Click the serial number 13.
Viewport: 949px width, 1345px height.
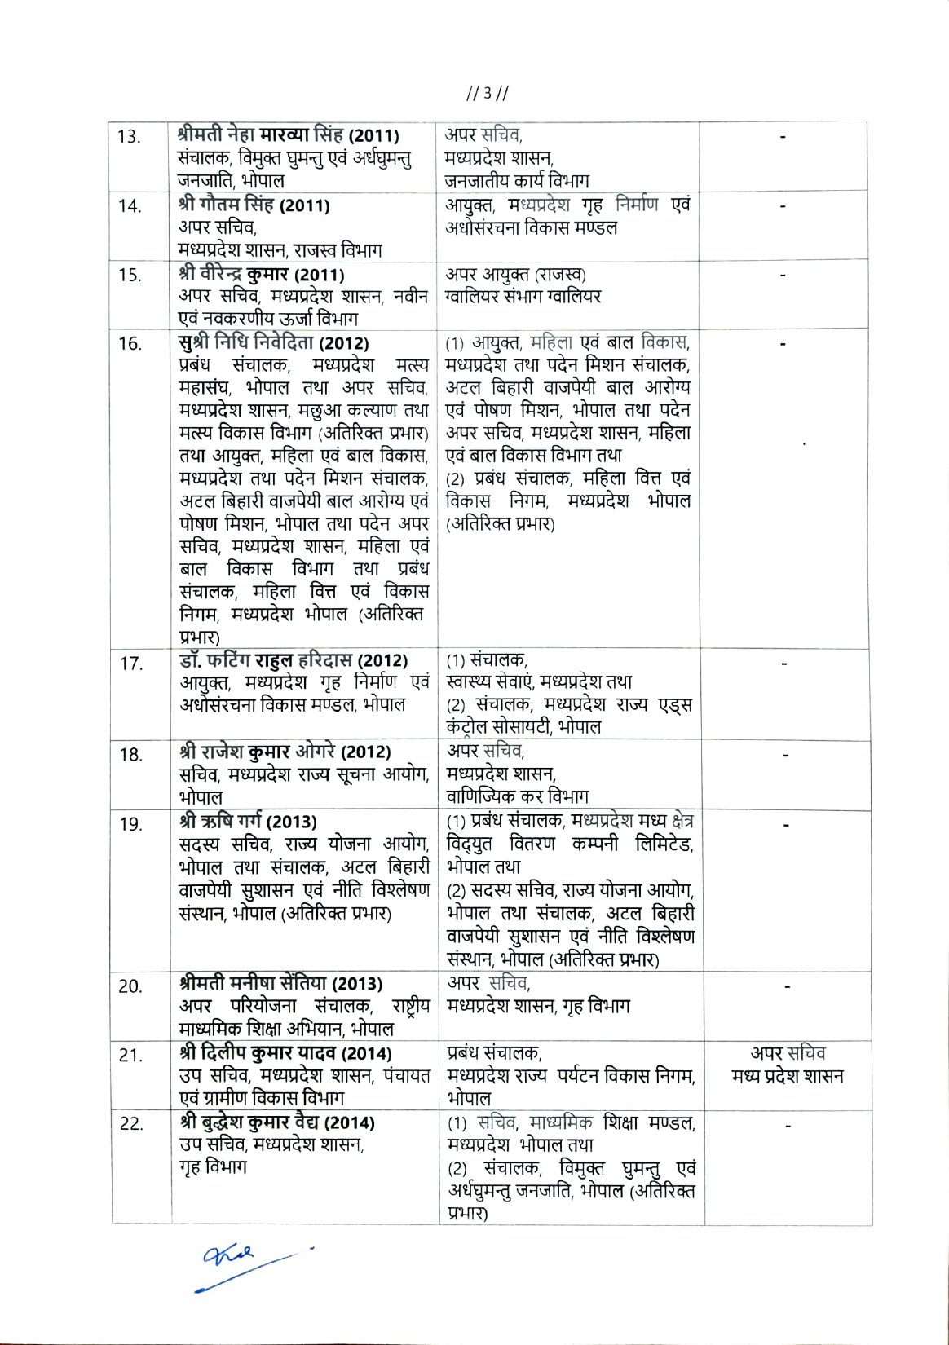129,136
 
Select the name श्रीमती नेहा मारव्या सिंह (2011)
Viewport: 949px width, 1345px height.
288,135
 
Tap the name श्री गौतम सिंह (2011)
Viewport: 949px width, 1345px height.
254,205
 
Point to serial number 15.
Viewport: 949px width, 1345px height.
129,275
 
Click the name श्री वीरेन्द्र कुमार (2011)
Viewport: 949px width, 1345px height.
261,275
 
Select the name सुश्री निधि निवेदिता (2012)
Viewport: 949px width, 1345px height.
273,343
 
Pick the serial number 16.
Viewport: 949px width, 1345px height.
130,343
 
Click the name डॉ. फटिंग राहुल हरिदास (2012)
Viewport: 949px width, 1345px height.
294,660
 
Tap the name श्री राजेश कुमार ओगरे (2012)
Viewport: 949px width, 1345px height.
285,752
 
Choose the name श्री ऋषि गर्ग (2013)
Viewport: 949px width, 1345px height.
248,821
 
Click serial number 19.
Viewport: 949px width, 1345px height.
130,824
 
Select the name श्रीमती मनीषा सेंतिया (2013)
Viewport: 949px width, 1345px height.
280,984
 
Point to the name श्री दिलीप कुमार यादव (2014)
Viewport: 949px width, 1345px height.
285,1054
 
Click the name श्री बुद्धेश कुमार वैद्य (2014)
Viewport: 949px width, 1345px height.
277,1122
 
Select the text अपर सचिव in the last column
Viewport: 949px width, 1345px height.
788,1053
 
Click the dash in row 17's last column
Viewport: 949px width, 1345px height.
783,664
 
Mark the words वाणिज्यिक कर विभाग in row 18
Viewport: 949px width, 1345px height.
517,796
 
